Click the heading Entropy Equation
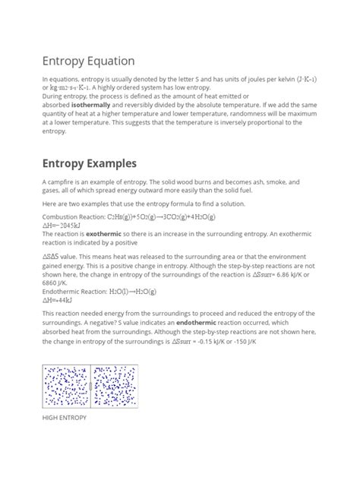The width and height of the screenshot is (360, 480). tap(88, 60)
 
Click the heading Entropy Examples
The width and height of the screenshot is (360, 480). tap(90, 163)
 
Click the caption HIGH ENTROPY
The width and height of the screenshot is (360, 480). tap(65, 418)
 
